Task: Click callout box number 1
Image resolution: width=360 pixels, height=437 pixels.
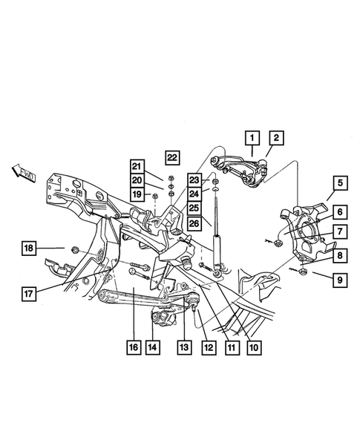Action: coord(252,137)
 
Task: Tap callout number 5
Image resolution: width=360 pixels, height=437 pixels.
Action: coord(340,183)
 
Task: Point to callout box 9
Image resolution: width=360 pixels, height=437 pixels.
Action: coord(340,280)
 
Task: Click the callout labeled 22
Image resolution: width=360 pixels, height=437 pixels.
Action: coord(172,157)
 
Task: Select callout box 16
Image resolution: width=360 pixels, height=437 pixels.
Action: coord(133,346)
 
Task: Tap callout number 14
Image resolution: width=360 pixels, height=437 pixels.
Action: coord(152,346)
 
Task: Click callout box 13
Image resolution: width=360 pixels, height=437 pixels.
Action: coord(183,346)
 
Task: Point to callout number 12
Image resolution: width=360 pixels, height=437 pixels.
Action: coord(207,346)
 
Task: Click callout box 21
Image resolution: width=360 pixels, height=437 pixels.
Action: coord(137,165)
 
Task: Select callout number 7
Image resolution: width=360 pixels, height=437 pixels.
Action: coord(340,232)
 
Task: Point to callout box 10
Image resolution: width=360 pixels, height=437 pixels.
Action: coord(255,346)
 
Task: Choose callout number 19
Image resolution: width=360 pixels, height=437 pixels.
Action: coord(137,194)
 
